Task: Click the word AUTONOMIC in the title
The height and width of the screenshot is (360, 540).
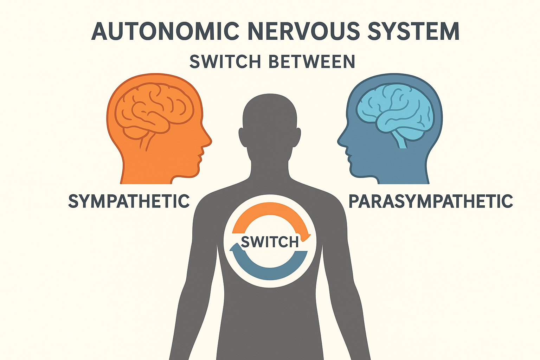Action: tap(165, 31)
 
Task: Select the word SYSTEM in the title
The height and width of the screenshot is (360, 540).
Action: tap(413, 31)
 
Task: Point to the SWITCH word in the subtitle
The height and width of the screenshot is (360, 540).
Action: tap(225, 62)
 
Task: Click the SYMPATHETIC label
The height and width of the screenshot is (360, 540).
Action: tap(129, 201)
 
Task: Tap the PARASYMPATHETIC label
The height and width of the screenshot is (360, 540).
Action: tap(430, 201)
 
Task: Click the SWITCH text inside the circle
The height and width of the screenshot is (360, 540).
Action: tap(270, 242)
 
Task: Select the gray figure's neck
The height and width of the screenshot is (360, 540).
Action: tap(270, 167)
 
